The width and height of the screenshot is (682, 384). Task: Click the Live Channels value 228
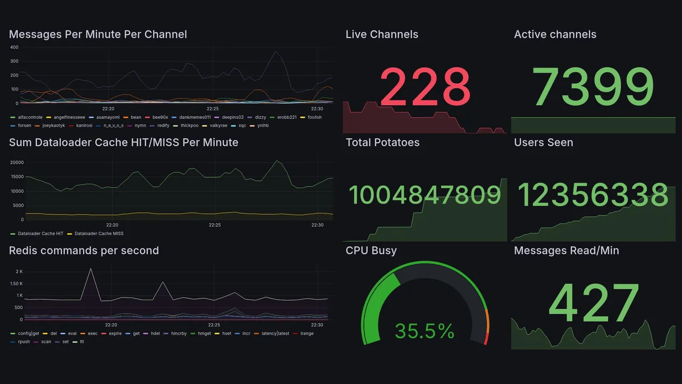coord(425,87)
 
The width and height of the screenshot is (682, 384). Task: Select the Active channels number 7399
coord(593,87)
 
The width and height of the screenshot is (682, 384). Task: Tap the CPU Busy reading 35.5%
coord(424,331)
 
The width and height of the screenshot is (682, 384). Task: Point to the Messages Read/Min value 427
coord(593,304)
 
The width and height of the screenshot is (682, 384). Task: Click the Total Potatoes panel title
coord(382,142)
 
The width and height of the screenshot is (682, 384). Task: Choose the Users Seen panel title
coord(543,142)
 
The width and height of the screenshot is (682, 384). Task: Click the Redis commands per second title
coord(84,251)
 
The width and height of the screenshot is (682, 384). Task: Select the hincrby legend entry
coord(178,333)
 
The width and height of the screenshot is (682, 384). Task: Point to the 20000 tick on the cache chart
coord(17,162)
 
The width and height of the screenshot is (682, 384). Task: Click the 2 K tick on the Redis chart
coord(19,271)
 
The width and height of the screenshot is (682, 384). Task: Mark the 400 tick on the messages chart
coord(14,47)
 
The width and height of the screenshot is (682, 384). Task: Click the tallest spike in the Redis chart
coord(91,269)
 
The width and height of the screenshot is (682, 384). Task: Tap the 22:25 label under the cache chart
coord(215,225)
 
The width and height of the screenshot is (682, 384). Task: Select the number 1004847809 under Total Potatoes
coord(425,195)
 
